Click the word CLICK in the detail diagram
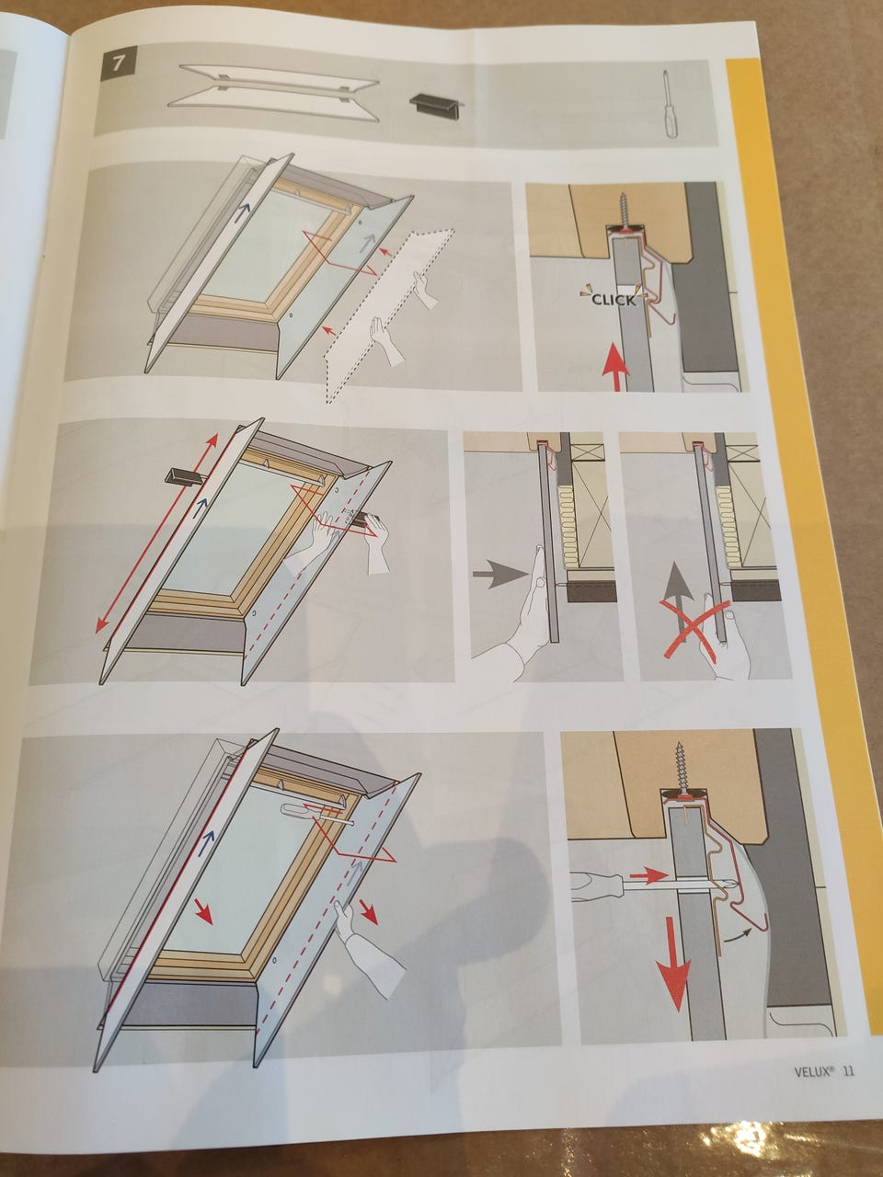[613, 300]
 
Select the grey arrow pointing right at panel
[500, 575]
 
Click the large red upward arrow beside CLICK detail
[615, 366]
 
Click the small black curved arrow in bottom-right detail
[739, 936]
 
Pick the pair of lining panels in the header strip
[274, 92]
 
